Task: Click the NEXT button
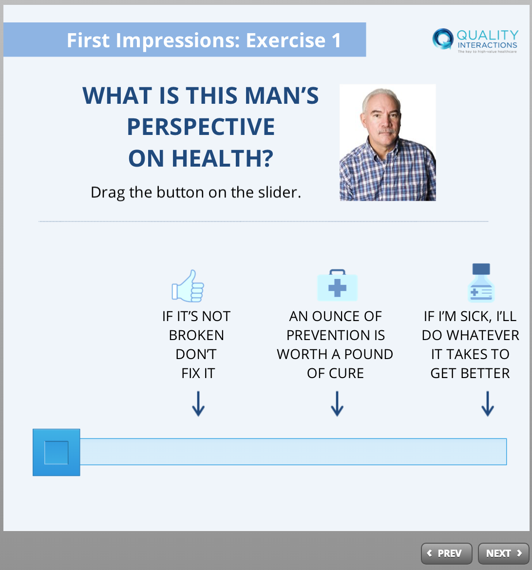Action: coord(504,553)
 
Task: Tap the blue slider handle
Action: coord(57,452)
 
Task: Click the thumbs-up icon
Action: coord(188,286)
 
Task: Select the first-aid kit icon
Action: coord(338,285)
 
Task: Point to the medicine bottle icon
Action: coord(481,283)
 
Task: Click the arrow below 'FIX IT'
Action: coord(198,403)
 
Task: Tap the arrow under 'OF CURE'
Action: coord(337,403)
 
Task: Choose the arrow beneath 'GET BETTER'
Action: coord(488,403)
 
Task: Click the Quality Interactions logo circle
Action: coord(443,38)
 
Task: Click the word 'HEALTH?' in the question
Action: coord(223,158)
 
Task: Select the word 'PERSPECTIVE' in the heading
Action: coord(201,127)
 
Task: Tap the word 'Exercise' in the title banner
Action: coord(286,40)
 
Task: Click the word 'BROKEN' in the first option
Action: coord(196,335)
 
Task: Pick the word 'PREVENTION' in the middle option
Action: coord(323,335)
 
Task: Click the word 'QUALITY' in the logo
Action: coord(488,35)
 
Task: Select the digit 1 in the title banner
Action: coord(336,40)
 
